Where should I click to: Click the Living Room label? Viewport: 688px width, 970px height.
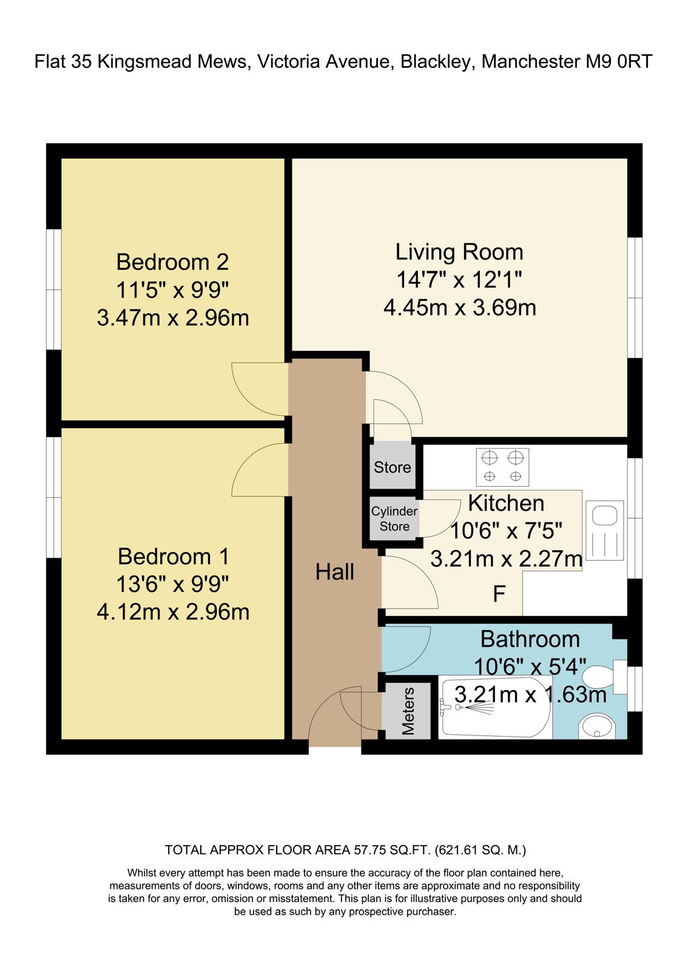point(459,252)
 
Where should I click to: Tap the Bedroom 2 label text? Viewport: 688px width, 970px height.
point(172,262)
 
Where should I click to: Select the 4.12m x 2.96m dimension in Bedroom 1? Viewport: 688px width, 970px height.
point(173,612)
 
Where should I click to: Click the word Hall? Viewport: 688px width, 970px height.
point(335,572)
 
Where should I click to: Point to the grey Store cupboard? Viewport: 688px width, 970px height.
point(393,467)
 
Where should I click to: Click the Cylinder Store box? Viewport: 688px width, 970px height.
point(394,519)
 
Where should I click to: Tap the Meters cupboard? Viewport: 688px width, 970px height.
point(408,711)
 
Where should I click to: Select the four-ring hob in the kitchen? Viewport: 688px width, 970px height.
point(502,467)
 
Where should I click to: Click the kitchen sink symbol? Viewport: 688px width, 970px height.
point(605,530)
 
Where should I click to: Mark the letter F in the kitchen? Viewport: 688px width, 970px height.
point(499,595)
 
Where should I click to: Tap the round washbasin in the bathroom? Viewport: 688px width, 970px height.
point(597,726)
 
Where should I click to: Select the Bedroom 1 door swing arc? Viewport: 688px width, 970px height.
point(255,467)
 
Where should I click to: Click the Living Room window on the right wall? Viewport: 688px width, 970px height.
point(635,297)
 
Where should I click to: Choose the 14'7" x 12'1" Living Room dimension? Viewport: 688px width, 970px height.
point(459,279)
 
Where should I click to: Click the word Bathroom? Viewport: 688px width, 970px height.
point(530,639)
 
